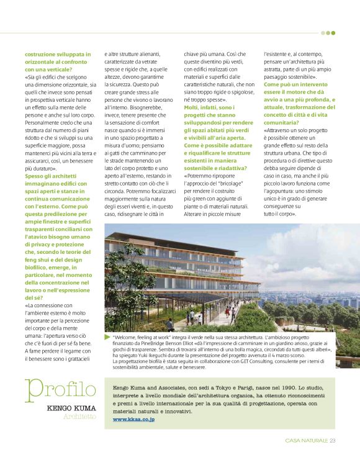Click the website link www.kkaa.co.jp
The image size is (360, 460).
click(133, 420)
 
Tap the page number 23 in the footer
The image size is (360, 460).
click(333, 441)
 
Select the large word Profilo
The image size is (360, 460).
click(61, 390)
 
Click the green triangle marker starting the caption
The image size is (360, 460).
click(107, 336)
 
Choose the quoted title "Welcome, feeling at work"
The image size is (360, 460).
click(142, 336)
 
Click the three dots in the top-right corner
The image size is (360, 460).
click(328, 33)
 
